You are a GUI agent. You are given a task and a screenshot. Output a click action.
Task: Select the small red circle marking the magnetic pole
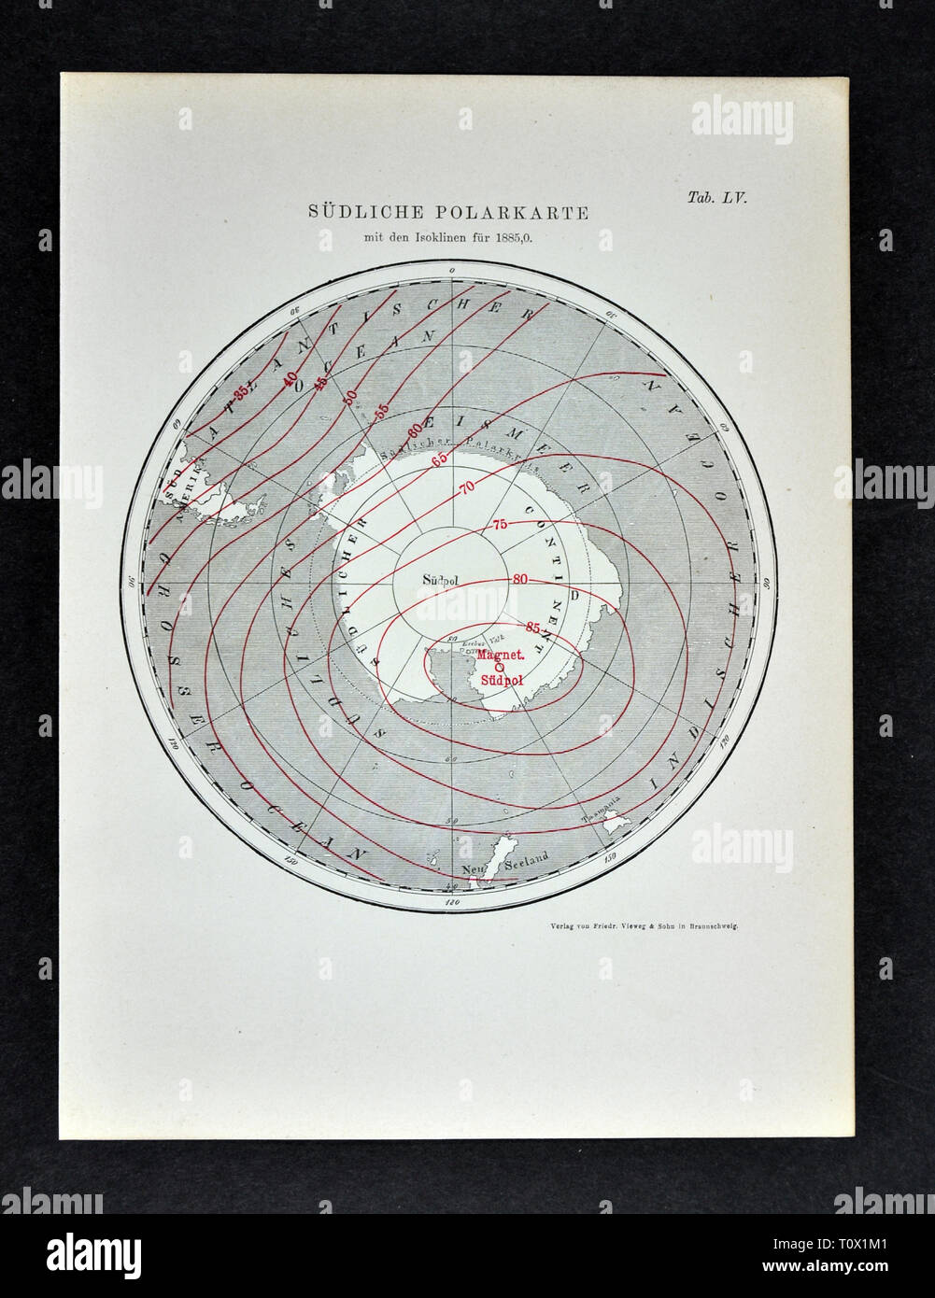click(x=499, y=668)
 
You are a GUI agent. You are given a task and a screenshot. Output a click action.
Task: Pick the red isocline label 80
click(x=520, y=579)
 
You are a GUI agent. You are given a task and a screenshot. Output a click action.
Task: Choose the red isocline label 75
click(x=499, y=525)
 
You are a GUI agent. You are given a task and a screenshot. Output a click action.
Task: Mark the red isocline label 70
click(x=468, y=487)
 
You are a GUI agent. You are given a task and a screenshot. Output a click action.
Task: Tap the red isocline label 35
click(x=242, y=394)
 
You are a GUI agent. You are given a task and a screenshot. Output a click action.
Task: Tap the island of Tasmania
click(x=615, y=826)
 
